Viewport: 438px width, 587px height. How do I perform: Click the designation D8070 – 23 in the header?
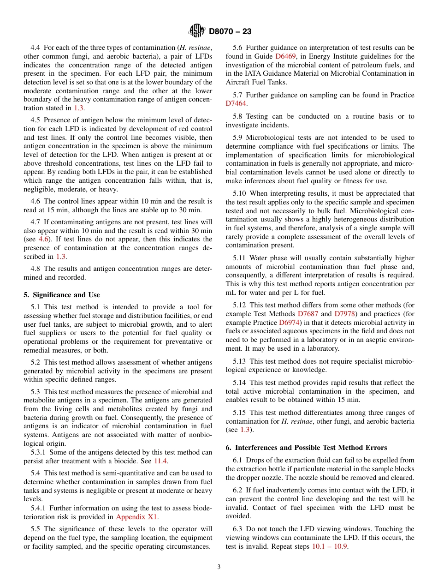230,32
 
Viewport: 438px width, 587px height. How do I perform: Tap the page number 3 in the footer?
219,567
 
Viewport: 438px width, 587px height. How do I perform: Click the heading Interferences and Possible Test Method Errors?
306,447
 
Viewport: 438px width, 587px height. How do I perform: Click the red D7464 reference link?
236,104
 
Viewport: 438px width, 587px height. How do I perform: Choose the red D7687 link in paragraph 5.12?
308,314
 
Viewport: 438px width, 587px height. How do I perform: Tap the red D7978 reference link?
344,314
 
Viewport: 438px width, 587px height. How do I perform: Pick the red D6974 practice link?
290,323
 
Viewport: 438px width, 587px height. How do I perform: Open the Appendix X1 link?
137,517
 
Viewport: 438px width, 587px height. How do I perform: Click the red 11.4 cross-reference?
160,461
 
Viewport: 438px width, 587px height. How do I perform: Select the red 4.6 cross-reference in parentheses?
43,239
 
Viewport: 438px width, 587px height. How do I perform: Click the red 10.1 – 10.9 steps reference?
330,547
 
